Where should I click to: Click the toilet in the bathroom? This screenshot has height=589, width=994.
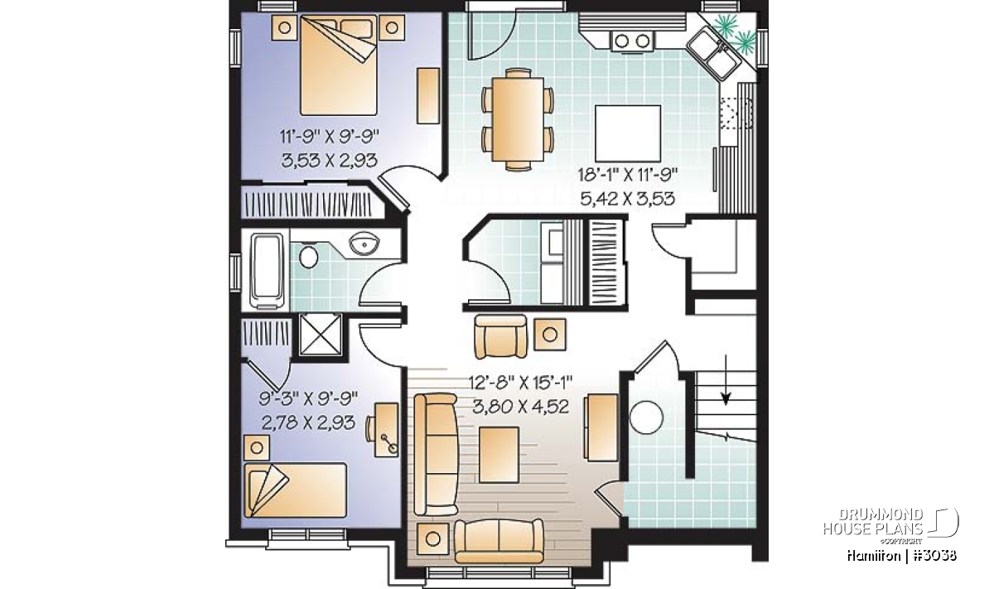tap(308, 257)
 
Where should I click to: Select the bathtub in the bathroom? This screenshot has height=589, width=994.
tap(267, 270)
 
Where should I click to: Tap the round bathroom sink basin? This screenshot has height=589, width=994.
tap(364, 244)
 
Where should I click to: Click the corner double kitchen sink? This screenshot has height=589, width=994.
tap(714, 53)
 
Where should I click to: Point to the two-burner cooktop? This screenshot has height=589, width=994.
tap(632, 41)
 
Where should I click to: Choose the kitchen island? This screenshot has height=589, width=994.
tap(628, 133)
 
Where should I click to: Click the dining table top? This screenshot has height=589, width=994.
tap(518, 119)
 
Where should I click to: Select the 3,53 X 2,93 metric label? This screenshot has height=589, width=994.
tap(330, 160)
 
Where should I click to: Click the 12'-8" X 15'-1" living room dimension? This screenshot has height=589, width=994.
tap(520, 383)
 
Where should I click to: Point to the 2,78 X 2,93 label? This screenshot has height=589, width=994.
tap(308, 422)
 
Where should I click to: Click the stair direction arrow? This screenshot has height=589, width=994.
tap(726, 380)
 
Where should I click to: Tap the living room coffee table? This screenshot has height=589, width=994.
tap(499, 455)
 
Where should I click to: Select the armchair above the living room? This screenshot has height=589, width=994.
tap(500, 336)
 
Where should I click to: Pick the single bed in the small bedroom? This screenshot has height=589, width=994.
tap(296, 490)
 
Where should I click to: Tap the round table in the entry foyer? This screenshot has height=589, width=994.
tap(646, 418)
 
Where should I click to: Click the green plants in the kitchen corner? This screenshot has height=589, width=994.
tap(738, 31)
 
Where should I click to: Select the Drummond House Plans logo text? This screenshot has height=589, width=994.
tap(873, 522)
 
